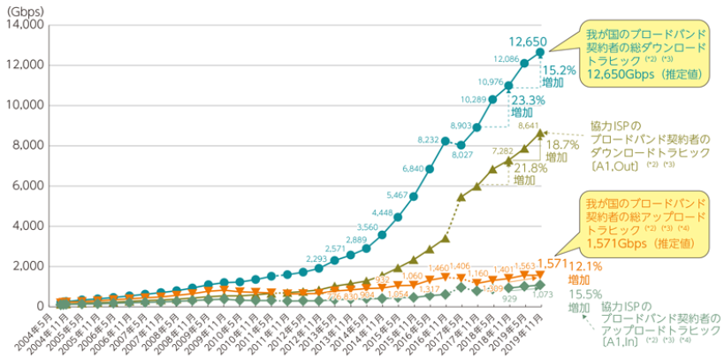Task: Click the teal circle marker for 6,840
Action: click(x=430, y=168)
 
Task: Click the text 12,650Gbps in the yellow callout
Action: click(x=610, y=76)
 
